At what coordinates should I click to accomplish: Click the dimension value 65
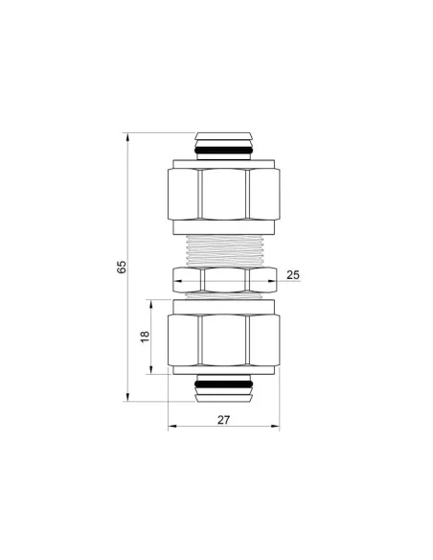(x=122, y=267)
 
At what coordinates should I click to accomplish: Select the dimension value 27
(x=222, y=418)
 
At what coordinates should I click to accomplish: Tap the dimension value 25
(x=293, y=275)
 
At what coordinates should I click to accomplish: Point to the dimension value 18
(x=145, y=338)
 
